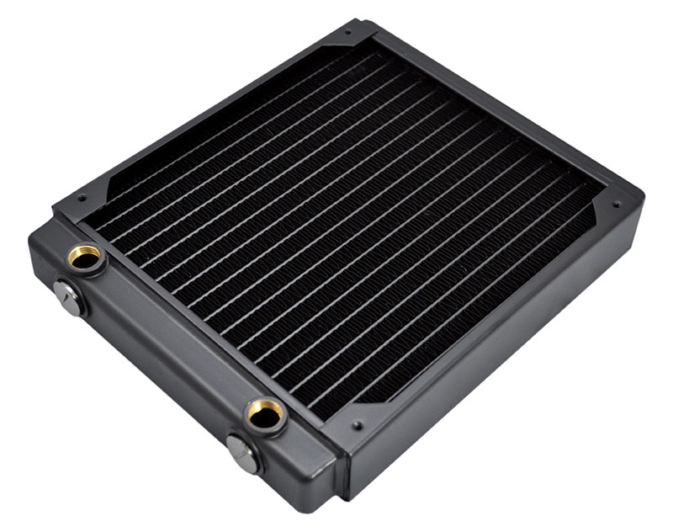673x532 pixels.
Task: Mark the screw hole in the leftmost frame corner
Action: [82, 199]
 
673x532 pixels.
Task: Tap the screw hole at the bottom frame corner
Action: [358, 425]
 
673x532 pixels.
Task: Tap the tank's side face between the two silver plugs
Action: [151, 379]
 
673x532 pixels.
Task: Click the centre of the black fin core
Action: [345, 227]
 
